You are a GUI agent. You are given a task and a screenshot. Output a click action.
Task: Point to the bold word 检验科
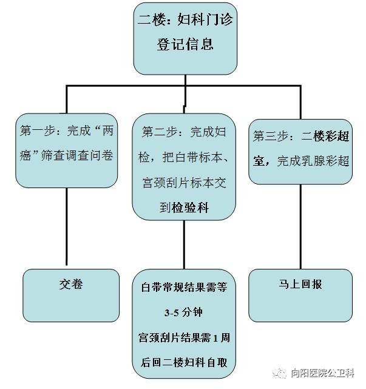191,208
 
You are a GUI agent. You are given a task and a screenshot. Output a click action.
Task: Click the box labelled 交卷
71,285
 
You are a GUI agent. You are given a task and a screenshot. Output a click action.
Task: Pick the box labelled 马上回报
300,285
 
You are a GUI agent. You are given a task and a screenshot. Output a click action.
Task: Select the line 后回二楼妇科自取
183,362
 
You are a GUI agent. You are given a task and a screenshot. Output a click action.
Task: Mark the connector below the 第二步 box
183,243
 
